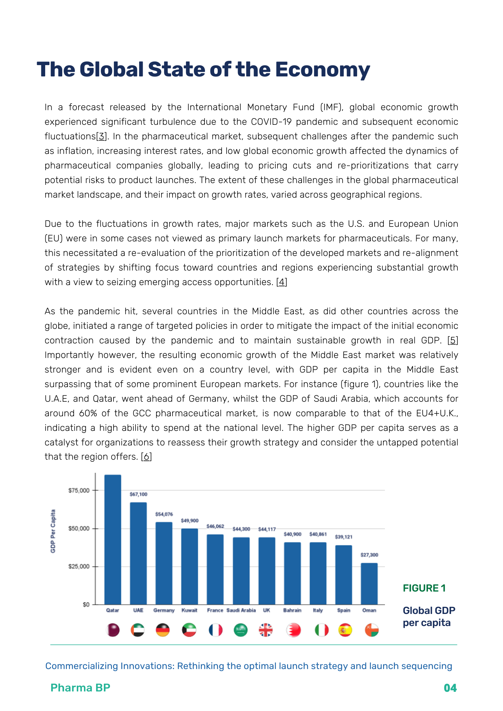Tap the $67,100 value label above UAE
pyautogui.click(x=138, y=494)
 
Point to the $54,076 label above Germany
pyautogui.click(x=164, y=514)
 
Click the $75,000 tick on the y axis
pyautogui.click(x=79, y=490)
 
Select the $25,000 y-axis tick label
pyautogui.click(x=79, y=566)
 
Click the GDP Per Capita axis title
pyautogui.click(x=53, y=531)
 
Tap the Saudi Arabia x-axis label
pyautogui.click(x=241, y=610)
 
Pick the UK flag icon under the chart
pyautogui.click(x=265, y=630)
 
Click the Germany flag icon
pyautogui.click(x=163, y=630)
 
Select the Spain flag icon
pyautogui.click(x=345, y=630)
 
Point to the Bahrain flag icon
pyautogui.click(x=293, y=630)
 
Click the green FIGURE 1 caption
pyautogui.click(x=424, y=588)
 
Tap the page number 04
pyautogui.click(x=450, y=688)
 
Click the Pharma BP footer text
pyautogui.click(x=80, y=688)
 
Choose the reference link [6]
pyautogui.click(x=147, y=457)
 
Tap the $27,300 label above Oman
pyautogui.click(x=369, y=555)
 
